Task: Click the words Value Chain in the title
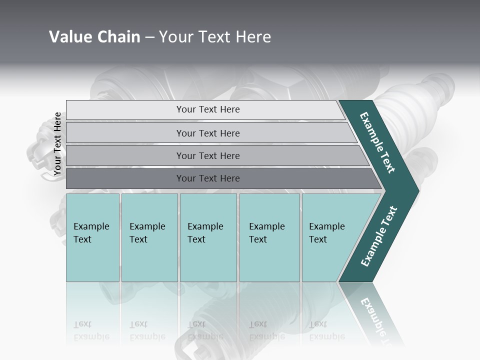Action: (94, 37)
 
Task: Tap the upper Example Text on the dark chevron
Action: (377, 142)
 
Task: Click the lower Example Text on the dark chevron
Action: (379, 236)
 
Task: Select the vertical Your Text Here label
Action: (57, 144)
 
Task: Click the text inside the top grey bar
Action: (208, 109)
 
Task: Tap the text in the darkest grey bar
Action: (208, 178)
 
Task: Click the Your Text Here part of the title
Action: (215, 37)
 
